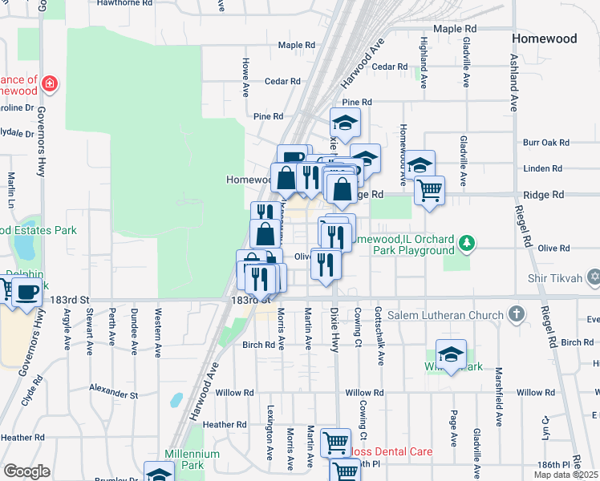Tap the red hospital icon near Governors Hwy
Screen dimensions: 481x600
click(50, 83)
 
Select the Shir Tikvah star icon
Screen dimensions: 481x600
click(593, 278)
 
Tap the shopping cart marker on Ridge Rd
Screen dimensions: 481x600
click(430, 190)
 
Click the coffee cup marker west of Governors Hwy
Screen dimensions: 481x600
click(26, 291)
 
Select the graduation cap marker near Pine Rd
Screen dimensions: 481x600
click(345, 123)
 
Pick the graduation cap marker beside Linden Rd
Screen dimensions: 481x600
click(420, 164)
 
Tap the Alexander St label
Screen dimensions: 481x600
click(114, 394)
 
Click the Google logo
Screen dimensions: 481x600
click(26, 471)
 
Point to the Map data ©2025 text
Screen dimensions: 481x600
click(566, 475)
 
